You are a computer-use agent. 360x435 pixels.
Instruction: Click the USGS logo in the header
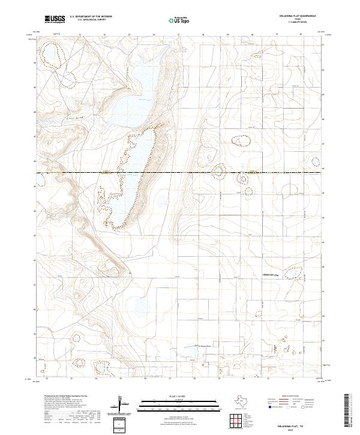point(55,19)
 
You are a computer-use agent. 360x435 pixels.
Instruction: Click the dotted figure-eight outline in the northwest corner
point(49,56)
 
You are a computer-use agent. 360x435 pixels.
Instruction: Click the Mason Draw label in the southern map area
point(205,346)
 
